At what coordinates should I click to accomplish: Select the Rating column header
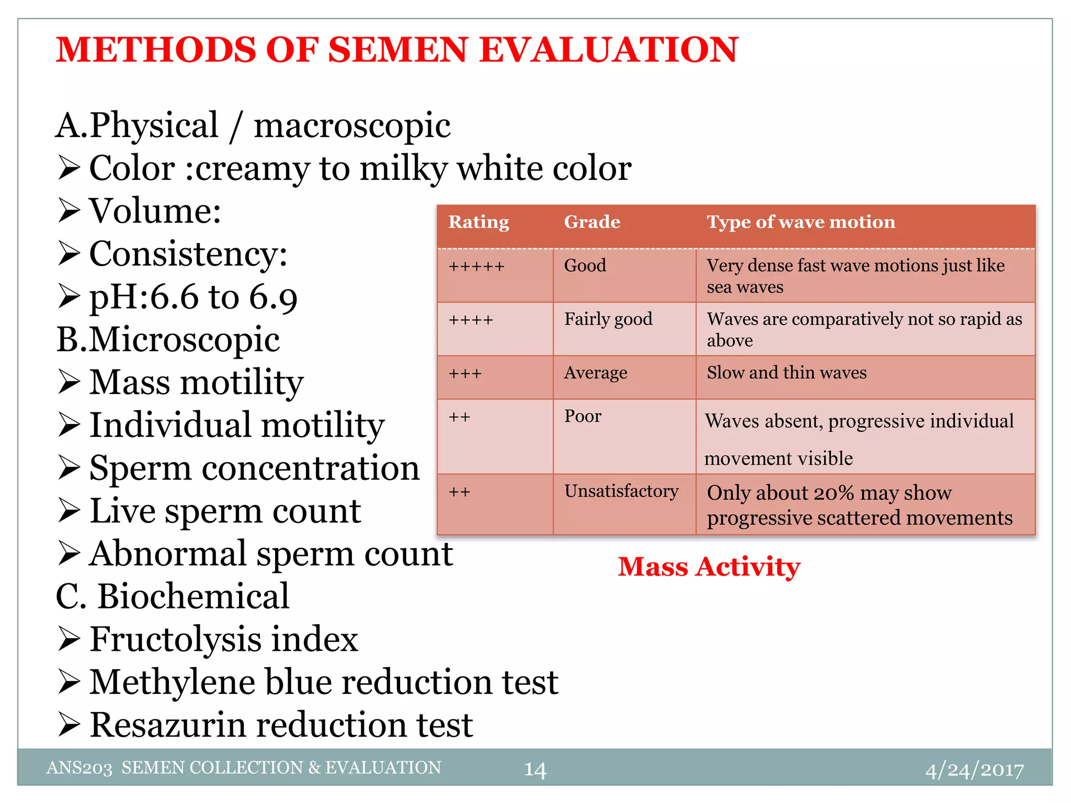478,222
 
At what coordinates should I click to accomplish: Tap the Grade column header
592,222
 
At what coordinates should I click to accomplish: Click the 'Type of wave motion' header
801,222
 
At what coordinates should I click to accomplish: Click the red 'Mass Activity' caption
709,567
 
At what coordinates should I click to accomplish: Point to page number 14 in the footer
535,770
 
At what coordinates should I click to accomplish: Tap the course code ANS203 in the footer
79,768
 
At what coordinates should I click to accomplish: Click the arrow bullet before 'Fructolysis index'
69,639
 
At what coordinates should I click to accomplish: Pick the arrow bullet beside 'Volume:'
69,211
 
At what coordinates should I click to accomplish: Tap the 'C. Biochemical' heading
172,596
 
